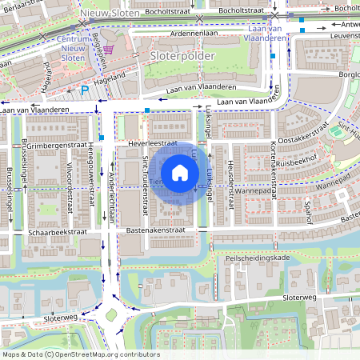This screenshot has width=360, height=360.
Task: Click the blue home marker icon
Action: point(180,172)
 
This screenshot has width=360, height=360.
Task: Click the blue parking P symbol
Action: point(85,90)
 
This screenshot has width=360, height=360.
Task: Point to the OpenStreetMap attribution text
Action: point(80,354)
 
